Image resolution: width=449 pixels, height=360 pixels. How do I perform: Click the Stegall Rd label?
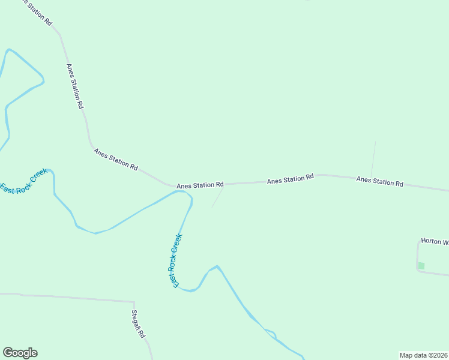pos(139,323)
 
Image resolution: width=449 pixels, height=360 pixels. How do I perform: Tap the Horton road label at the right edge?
pos(435,241)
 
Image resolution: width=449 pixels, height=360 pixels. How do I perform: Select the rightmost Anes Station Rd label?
pos(379,181)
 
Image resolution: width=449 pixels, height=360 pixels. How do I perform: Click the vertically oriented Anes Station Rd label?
pos(75,86)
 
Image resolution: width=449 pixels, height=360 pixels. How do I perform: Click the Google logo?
pos(20,353)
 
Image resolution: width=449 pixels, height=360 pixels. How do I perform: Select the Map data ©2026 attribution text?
pos(423,355)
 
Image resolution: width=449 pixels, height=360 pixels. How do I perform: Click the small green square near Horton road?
pos(421,266)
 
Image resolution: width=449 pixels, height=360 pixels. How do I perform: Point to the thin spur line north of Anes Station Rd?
pos(373,159)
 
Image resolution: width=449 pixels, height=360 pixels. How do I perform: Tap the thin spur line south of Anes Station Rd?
pos(217,197)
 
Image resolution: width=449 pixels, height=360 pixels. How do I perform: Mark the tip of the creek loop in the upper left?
pos(43,79)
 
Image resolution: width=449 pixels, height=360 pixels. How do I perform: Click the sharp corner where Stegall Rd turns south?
pos(134,302)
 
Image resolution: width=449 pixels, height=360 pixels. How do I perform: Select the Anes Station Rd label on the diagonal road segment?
pos(116,158)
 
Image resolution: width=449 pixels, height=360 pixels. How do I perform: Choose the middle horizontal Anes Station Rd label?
pos(291,179)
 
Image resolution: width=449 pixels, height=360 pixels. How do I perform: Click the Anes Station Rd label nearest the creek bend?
pos(200,185)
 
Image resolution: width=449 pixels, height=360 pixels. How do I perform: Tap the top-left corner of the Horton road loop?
pos(418,242)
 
